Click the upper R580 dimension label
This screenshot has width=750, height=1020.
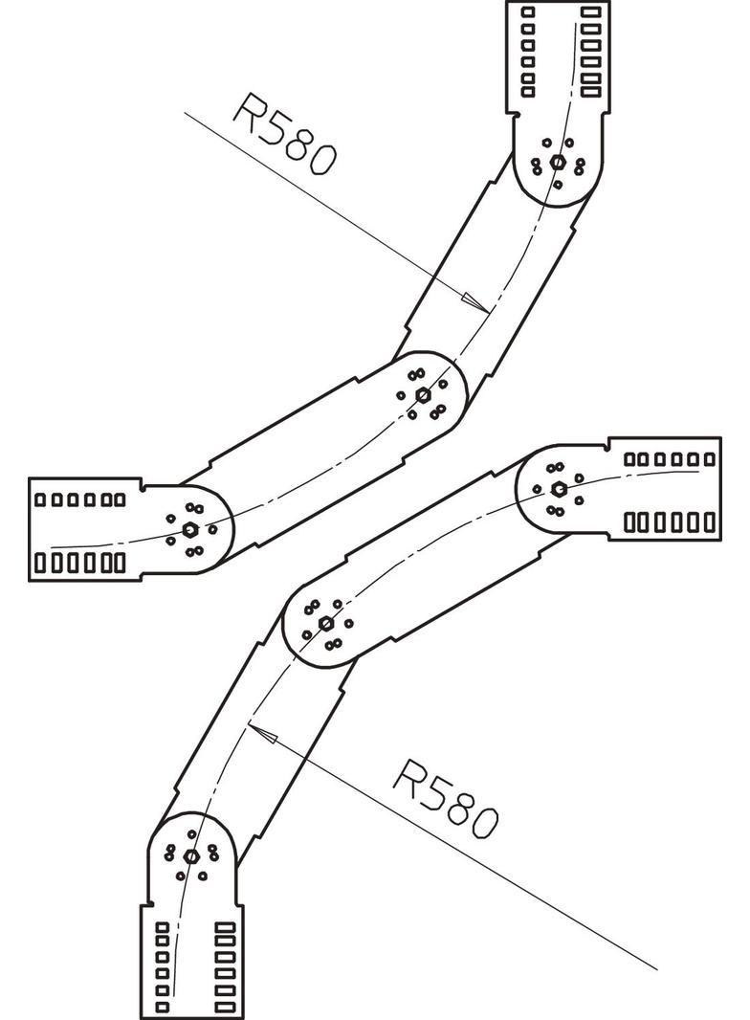tap(284, 133)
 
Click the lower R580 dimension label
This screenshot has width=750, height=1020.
tap(446, 796)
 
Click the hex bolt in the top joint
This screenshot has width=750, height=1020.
tap(558, 162)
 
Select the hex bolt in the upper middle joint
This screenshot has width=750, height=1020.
tap(423, 393)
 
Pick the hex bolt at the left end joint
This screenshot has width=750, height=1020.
tap(190, 529)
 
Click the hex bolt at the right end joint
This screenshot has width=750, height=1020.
tap(559, 489)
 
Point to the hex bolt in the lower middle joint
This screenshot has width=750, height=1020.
tap(325, 623)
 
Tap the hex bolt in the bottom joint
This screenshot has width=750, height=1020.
tap(190, 855)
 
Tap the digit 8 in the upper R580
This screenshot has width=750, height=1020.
tap(300, 143)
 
